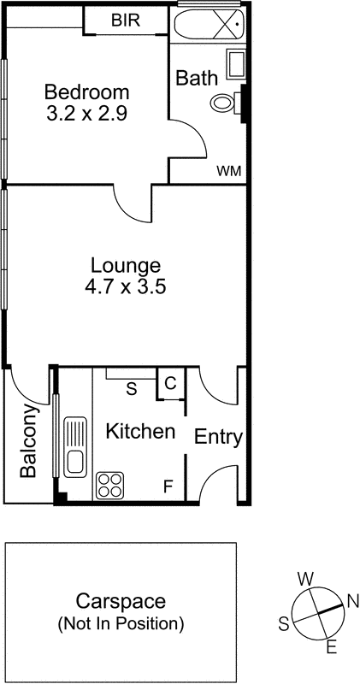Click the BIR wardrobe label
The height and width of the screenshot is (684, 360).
125,20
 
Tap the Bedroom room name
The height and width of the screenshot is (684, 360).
86,92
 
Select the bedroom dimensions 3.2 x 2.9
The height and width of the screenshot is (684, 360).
86,114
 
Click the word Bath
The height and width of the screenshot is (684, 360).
197,78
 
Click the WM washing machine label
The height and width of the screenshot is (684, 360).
228,171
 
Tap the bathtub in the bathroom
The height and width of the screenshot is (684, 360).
209,24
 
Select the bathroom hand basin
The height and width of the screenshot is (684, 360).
235,65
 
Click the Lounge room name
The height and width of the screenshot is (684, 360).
125,265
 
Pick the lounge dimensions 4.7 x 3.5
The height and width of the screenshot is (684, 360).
125,287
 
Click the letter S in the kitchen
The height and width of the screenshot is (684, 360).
131,389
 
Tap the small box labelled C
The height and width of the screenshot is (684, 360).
169,384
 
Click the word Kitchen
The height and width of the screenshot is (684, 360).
140,432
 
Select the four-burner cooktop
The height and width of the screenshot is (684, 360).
110,485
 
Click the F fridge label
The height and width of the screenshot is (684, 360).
168,487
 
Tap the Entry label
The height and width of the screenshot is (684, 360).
219,438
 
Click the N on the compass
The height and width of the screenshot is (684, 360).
351,599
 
